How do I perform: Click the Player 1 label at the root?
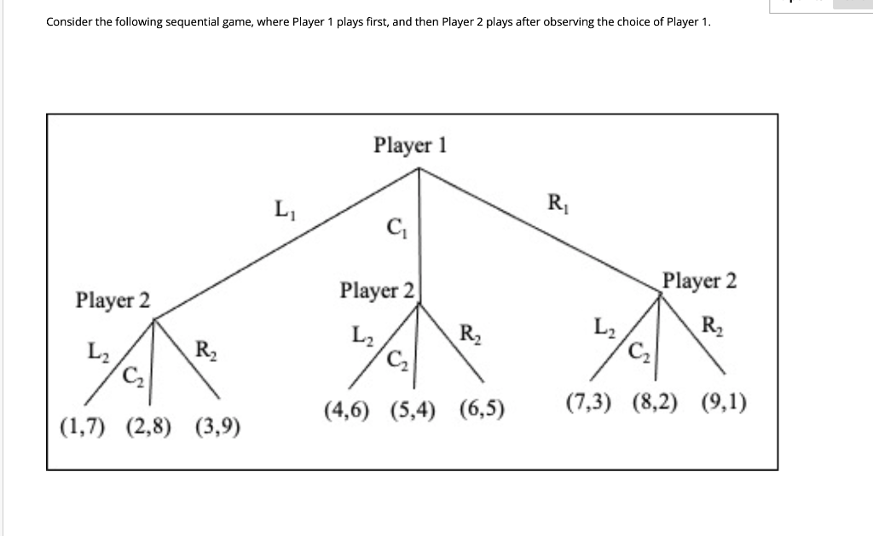[x=410, y=145]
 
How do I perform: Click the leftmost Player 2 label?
[x=113, y=300]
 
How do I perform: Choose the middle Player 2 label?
[x=377, y=290]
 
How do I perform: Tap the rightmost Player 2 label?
[x=700, y=281]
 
